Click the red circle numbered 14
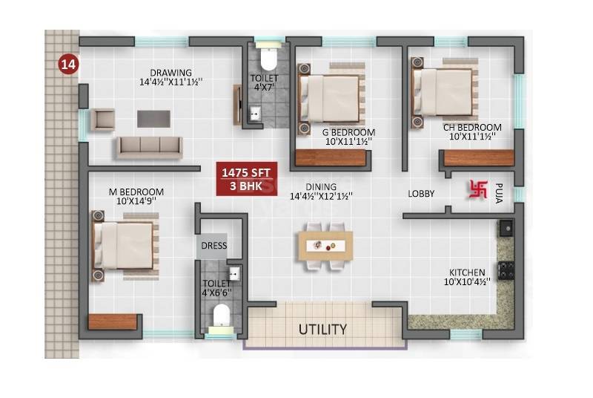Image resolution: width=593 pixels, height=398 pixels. click(x=68, y=65)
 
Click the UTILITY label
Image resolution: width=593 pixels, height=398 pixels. click(x=322, y=328)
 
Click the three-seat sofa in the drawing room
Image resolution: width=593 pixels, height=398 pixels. click(x=148, y=146)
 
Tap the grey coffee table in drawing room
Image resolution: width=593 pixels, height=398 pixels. click(x=153, y=118)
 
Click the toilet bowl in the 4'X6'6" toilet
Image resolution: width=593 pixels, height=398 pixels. click(x=220, y=317)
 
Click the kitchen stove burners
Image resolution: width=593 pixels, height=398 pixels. click(x=506, y=271)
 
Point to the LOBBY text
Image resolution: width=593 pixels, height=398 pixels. click(x=421, y=194)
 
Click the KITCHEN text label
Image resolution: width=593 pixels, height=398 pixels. click(x=467, y=273)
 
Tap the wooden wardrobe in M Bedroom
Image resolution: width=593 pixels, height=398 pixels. click(x=113, y=322)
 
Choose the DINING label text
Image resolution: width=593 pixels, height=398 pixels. click(x=319, y=186)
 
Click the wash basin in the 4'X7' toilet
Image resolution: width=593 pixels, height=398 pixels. click(x=255, y=114)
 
